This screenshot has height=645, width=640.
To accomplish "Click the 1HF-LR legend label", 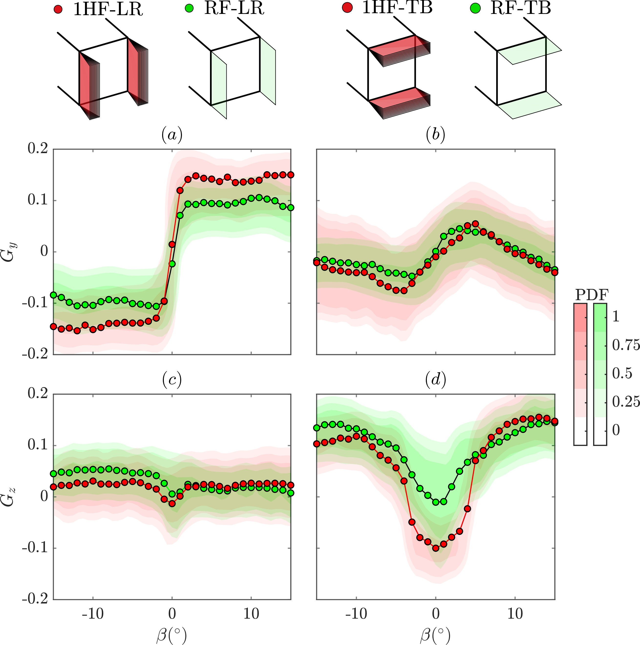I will (108, 9).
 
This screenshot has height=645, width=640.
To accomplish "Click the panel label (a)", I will (172, 135).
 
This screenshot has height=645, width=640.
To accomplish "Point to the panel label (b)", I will (436, 135).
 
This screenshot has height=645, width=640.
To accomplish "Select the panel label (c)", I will (172, 379).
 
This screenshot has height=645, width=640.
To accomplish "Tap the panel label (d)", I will (436, 379).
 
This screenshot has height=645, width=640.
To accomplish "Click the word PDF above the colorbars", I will (592, 295).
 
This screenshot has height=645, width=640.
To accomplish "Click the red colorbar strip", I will (580, 374).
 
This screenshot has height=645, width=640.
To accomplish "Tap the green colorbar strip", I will (600, 374).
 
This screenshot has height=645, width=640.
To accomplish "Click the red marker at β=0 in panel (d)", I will (436, 548).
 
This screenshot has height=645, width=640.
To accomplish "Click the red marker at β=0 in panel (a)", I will (172, 244).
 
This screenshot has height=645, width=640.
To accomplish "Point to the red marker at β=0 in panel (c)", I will (172, 504).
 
